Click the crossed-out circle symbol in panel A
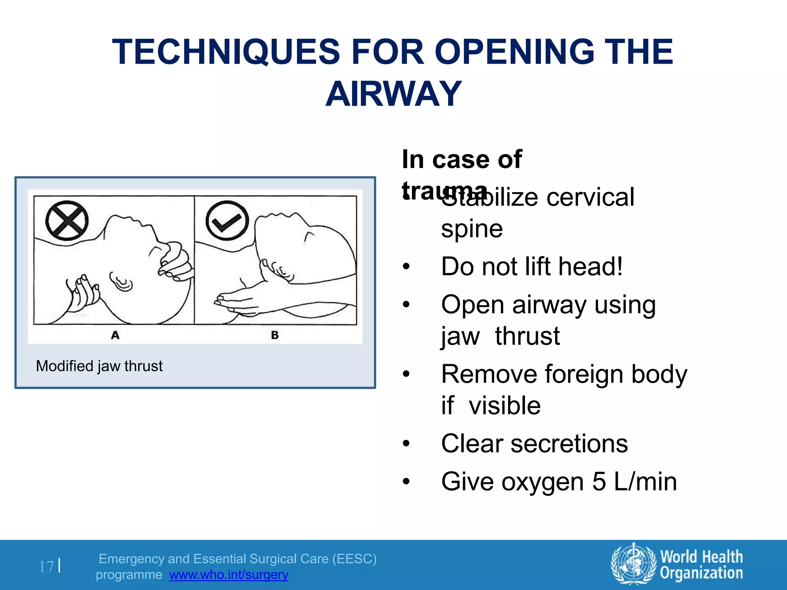67,221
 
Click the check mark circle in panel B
227,221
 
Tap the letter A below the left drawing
115,335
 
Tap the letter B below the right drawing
275,335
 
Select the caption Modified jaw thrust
99,366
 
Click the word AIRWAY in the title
393,94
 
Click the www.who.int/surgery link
229,575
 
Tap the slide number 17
46,567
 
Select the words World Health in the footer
701,557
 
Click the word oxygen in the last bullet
543,482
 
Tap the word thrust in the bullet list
527,336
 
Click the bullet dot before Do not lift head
406,267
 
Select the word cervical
590,197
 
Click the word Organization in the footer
701,573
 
